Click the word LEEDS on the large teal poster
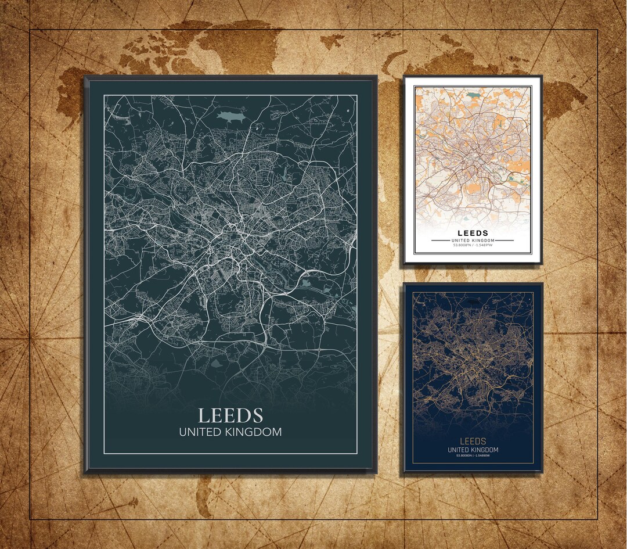[230, 415]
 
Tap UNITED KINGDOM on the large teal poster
[230, 432]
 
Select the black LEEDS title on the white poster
[473, 234]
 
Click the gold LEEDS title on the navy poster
[473, 442]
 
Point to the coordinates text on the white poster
[473, 245]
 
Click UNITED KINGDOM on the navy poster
[473, 450]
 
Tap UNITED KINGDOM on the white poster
[473, 240]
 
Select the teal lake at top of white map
[475, 94]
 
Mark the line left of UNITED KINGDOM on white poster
[440, 240]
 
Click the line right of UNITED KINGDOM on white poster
[505, 240]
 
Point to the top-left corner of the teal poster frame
[85, 77]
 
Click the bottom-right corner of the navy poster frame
[542, 471]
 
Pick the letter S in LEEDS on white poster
[485, 234]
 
